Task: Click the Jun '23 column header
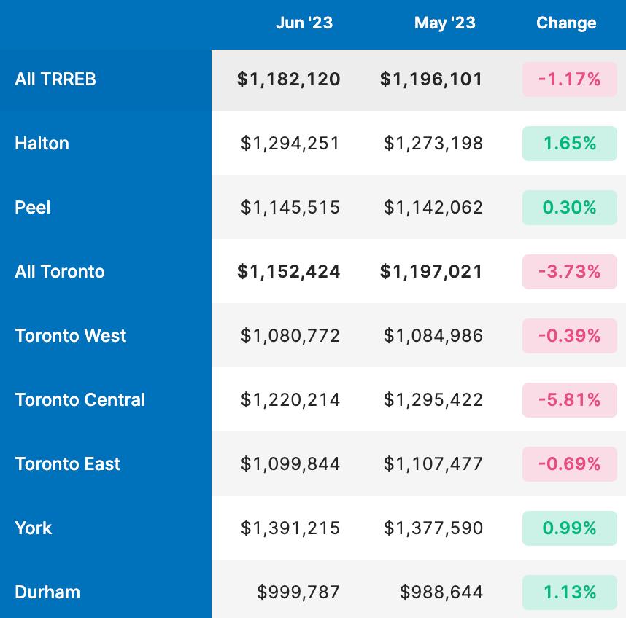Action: pos(304,23)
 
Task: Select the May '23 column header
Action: pos(445,23)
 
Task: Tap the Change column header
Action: pos(566,23)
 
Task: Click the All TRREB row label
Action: pos(55,79)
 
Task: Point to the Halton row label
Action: pos(42,143)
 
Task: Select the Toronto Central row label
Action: pos(80,399)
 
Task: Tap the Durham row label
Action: pos(47,592)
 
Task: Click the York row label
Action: pos(33,528)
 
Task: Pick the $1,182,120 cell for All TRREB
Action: pos(288,79)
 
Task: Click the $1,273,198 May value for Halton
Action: pos(433,143)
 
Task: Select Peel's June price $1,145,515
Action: pos(290,207)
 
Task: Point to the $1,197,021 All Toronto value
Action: pos(431,272)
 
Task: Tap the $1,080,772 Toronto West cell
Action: pos(290,335)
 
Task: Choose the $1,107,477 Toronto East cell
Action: pos(433,463)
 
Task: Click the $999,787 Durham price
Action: pos(298,592)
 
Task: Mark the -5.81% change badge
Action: pos(570,400)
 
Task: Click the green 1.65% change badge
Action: pos(570,144)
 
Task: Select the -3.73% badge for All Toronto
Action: pos(570,272)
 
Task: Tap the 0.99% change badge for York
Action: pos(570,528)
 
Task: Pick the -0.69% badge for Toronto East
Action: pos(570,464)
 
